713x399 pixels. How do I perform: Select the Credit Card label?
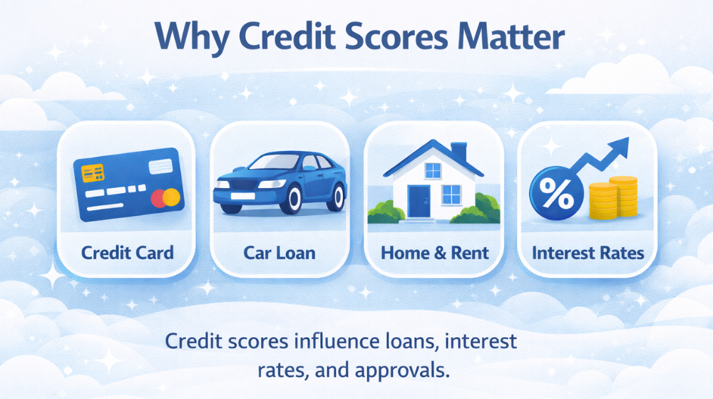[x=128, y=252]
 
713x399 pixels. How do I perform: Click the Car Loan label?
[x=280, y=252]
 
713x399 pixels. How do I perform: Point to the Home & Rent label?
[x=435, y=252]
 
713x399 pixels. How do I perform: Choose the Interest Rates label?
[x=587, y=252]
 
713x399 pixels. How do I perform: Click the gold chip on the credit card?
[x=93, y=172]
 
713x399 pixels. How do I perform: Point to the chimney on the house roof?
[x=458, y=152]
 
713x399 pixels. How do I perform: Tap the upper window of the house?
[x=433, y=170]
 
